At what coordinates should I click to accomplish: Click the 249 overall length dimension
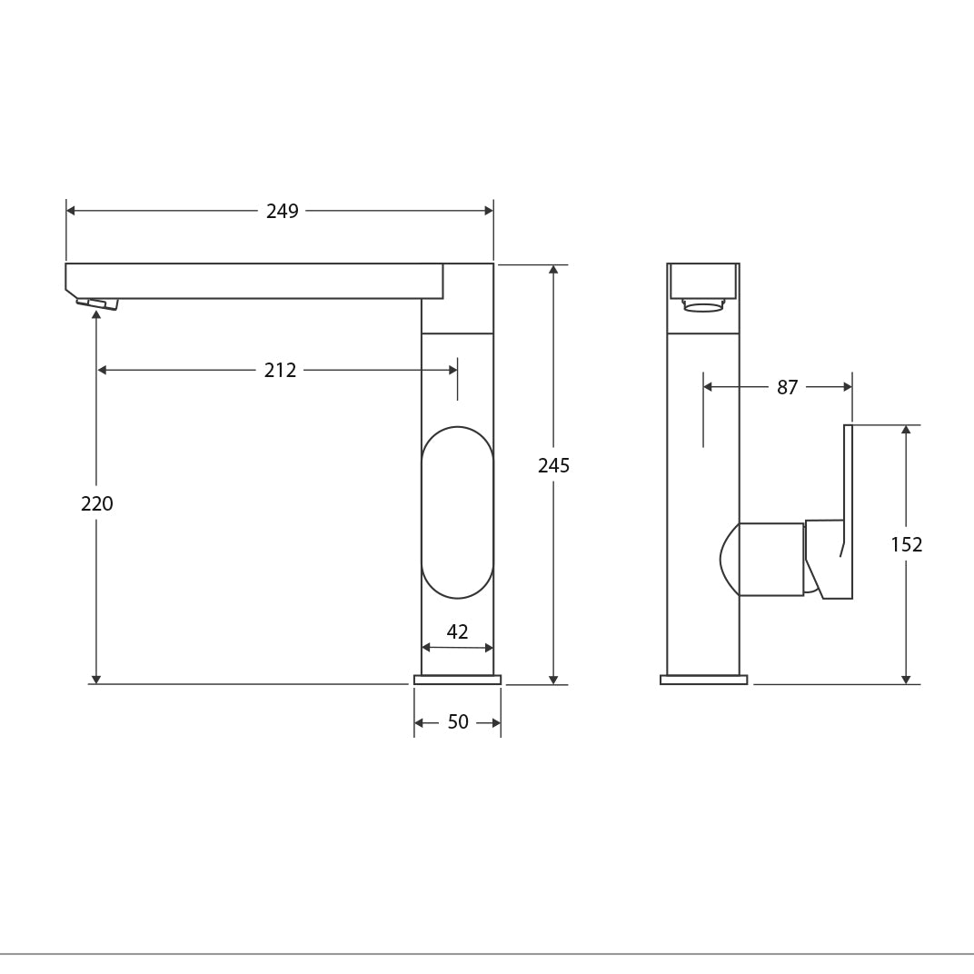click(282, 212)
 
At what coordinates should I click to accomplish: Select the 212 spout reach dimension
click(280, 371)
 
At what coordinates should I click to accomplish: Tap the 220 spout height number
click(96, 503)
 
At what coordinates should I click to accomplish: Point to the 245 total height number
click(553, 466)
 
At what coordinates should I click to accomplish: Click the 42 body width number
click(457, 632)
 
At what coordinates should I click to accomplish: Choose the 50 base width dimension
click(458, 722)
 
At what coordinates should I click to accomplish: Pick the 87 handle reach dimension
click(787, 388)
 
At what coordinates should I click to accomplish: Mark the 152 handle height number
click(906, 545)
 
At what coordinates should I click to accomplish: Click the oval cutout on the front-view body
click(457, 512)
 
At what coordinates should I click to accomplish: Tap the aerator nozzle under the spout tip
click(97, 303)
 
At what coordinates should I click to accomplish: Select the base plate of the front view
click(457, 680)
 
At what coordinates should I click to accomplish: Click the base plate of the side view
click(703, 680)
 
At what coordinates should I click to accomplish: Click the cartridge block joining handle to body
click(770, 560)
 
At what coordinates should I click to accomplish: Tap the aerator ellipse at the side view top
click(703, 308)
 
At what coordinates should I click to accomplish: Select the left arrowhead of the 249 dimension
click(71, 211)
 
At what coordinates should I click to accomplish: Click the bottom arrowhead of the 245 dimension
click(553, 680)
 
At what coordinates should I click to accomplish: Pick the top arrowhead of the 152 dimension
click(906, 430)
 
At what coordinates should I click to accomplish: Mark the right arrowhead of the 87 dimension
click(848, 387)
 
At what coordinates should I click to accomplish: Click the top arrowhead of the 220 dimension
click(96, 315)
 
